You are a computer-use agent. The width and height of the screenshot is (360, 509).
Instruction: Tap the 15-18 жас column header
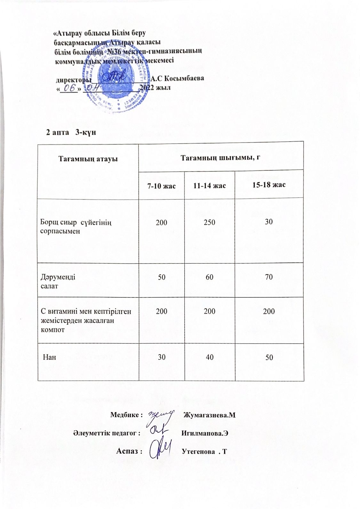pyautogui.click(x=269, y=185)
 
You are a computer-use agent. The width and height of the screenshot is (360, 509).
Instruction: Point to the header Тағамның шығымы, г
pyautogui.click(x=221, y=157)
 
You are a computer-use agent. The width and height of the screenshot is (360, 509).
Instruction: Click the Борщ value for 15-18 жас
pyautogui.click(x=269, y=221)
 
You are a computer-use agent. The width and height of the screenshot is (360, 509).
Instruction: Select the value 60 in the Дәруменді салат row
pyautogui.click(x=209, y=277)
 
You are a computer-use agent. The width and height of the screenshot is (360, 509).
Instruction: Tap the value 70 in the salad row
pyautogui.click(x=269, y=277)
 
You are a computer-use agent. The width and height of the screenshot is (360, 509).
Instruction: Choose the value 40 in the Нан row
pyautogui.click(x=210, y=357)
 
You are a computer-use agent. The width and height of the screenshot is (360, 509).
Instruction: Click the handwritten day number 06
pyautogui.click(x=68, y=87)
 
